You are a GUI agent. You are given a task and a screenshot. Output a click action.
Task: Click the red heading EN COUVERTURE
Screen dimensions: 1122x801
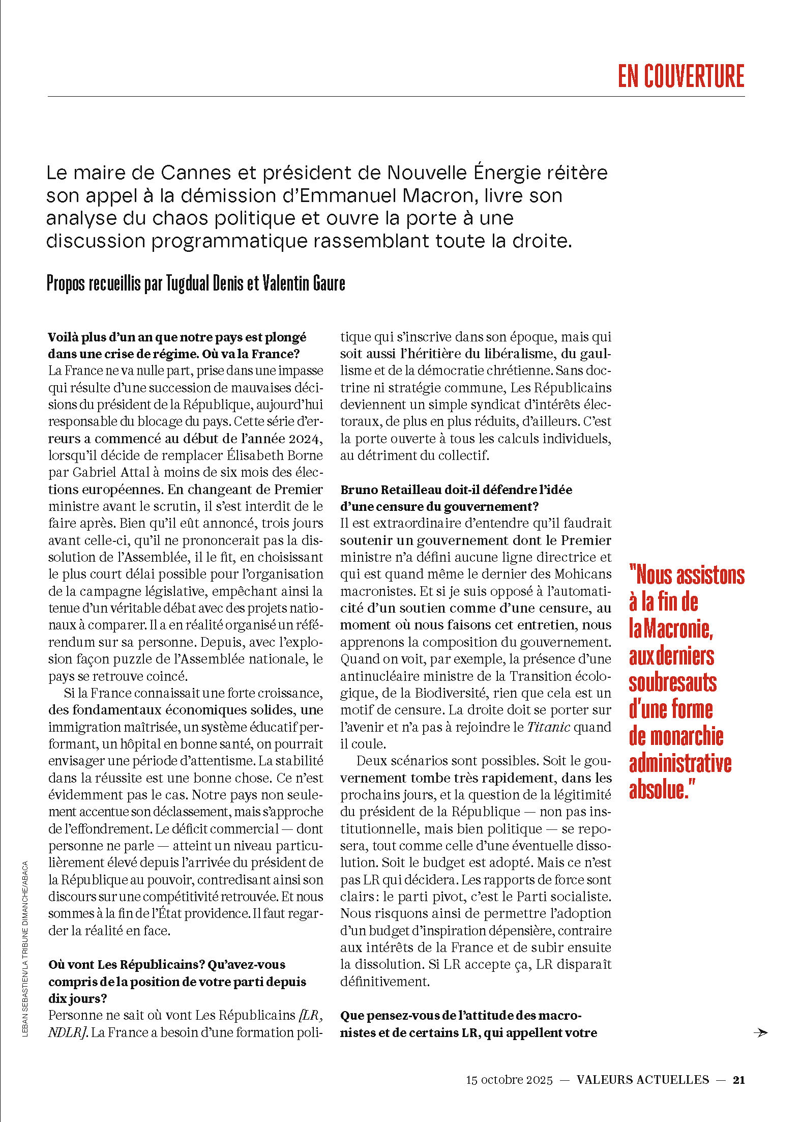(680, 76)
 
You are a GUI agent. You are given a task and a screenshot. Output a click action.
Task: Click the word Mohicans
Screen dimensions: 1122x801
(582, 574)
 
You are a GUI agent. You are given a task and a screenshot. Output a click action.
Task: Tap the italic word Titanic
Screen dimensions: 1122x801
(548, 727)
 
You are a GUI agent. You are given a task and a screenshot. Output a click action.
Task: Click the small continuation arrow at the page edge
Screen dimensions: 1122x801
(761, 1032)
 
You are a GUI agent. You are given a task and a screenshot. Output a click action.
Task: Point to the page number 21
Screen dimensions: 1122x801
(738, 1080)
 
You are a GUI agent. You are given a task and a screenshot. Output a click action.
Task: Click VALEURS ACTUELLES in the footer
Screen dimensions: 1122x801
(643, 1080)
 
